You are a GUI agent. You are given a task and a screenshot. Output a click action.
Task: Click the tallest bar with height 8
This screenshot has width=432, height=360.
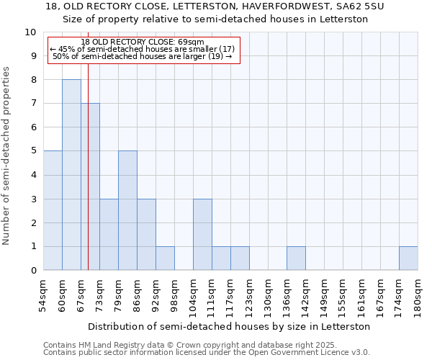(71, 175)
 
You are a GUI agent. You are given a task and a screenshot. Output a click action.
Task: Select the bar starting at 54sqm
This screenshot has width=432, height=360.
(53, 210)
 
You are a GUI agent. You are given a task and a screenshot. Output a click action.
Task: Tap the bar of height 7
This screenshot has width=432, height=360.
(90, 187)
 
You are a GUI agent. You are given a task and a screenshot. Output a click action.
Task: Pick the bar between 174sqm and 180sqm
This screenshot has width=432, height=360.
(408, 258)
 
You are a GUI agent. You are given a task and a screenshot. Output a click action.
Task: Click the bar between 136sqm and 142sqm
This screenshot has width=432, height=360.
(296, 258)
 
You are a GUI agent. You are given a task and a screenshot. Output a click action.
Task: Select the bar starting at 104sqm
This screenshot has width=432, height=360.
(202, 235)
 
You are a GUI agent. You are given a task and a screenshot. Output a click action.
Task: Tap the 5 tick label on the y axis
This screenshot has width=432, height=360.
(33, 151)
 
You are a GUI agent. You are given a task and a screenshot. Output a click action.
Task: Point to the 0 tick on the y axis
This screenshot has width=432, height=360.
(33, 271)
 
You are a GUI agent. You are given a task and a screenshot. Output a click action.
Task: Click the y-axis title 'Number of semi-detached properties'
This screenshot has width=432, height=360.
(7, 156)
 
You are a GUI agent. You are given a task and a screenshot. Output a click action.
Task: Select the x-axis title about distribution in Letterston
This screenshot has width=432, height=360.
(230, 326)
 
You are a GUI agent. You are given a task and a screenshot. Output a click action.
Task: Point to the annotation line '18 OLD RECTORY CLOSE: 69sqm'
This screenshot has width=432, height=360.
(143, 42)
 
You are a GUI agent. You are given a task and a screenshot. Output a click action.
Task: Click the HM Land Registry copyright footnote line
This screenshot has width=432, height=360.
(190, 345)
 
